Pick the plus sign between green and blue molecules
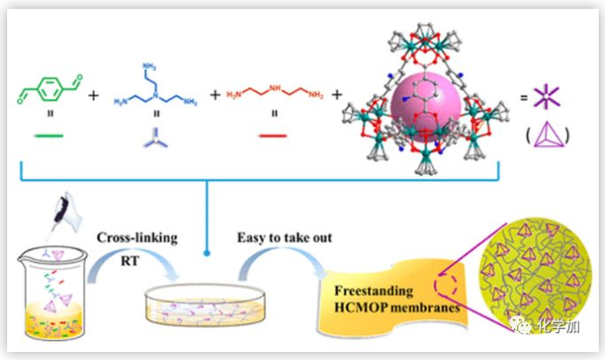tap(94, 92)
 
